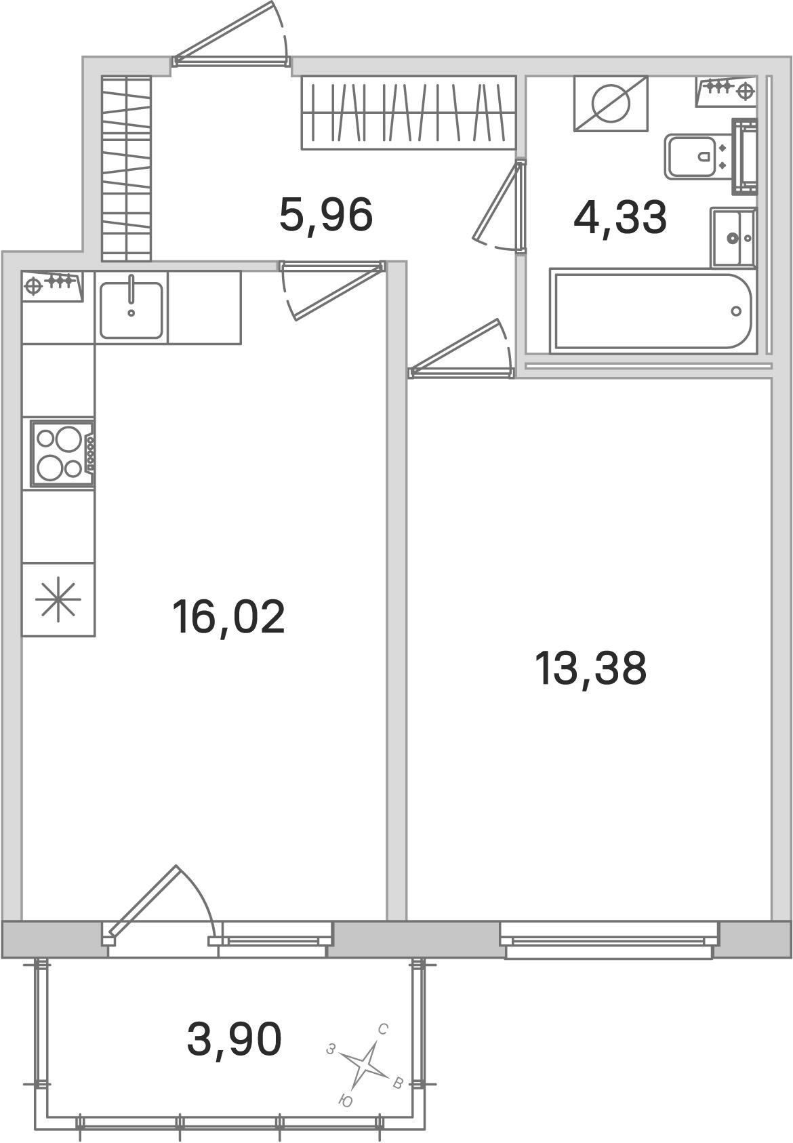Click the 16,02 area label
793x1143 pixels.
(228, 617)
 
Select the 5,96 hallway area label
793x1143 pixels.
(326, 215)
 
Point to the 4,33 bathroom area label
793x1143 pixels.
(620, 218)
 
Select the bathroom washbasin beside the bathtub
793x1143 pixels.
(733, 237)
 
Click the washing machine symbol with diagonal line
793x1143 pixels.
(611, 103)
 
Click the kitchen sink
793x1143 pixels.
(131, 310)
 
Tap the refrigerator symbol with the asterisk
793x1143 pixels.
(58, 599)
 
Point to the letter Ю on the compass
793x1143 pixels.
(345, 1101)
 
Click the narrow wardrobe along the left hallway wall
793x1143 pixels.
(126, 168)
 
